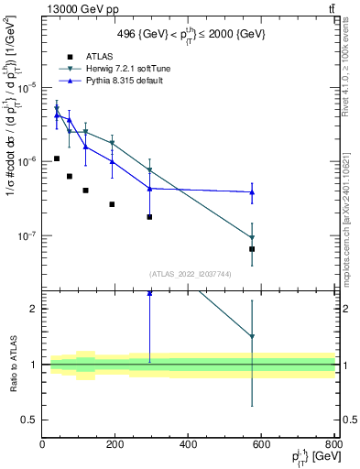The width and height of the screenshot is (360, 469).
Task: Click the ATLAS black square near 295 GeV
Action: (149, 217)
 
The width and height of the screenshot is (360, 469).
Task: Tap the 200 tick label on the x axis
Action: (115, 444)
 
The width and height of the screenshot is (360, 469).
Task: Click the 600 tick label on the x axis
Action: (261, 444)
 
